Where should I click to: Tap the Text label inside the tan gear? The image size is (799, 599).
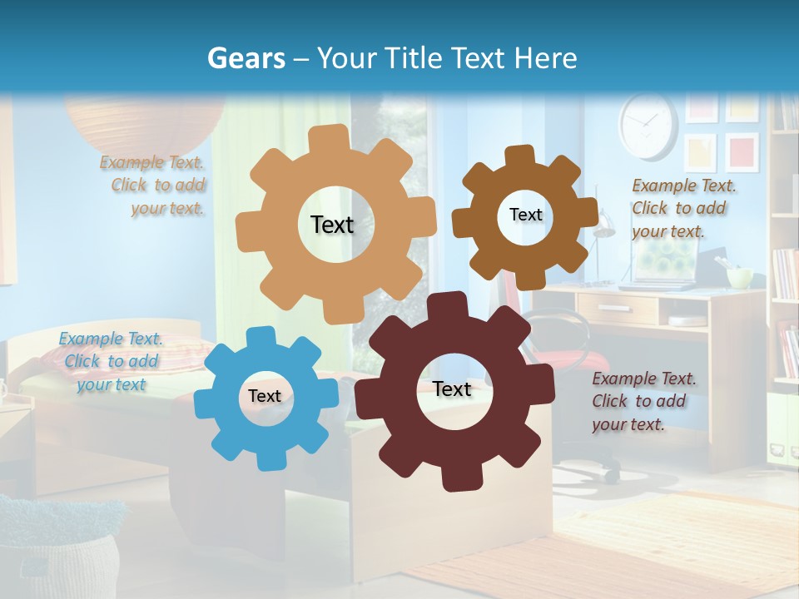pyautogui.click(x=332, y=225)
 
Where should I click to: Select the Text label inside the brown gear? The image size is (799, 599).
pyautogui.click(x=525, y=215)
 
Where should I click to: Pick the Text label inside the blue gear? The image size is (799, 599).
pyautogui.click(x=265, y=396)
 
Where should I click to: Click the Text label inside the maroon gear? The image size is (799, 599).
pyautogui.click(x=452, y=389)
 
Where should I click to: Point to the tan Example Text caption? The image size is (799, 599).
pyautogui.click(x=153, y=186)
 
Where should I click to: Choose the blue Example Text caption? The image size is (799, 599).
pyautogui.click(x=111, y=362)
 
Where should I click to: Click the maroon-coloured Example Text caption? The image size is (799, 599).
pyautogui.click(x=643, y=402)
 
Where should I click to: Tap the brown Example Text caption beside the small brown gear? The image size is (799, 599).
pyautogui.click(x=682, y=208)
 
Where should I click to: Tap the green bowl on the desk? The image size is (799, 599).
pyautogui.click(x=739, y=276)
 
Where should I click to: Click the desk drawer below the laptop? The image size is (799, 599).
pyautogui.click(x=616, y=309)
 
